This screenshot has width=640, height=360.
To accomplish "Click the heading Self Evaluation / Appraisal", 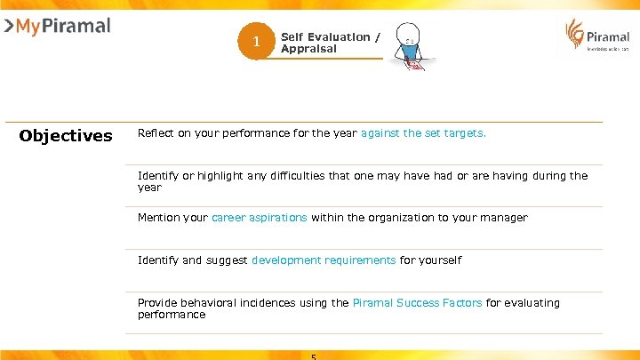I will point(330,43).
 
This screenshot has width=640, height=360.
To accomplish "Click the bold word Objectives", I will point(66,136).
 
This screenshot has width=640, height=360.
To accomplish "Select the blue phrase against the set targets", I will point(423,133).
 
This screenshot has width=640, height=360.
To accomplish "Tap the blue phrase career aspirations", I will point(259,218).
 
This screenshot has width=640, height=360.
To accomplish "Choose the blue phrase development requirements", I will point(324,260).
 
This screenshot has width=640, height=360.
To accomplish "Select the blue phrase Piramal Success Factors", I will point(417,303).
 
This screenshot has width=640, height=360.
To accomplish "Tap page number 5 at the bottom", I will point(314,356).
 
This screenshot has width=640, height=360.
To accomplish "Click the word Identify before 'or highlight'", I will point(156,176).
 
